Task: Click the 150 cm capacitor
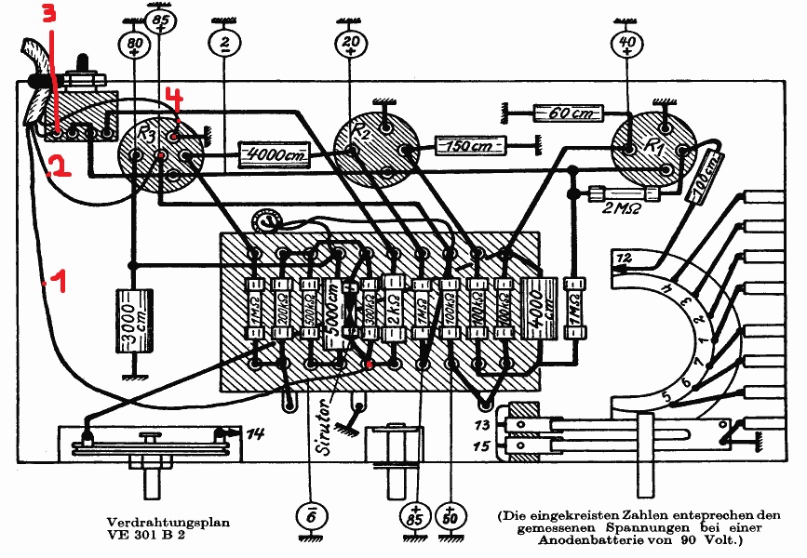pos(470,146)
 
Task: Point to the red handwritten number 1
pos(59,280)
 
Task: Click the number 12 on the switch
pos(623,257)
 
